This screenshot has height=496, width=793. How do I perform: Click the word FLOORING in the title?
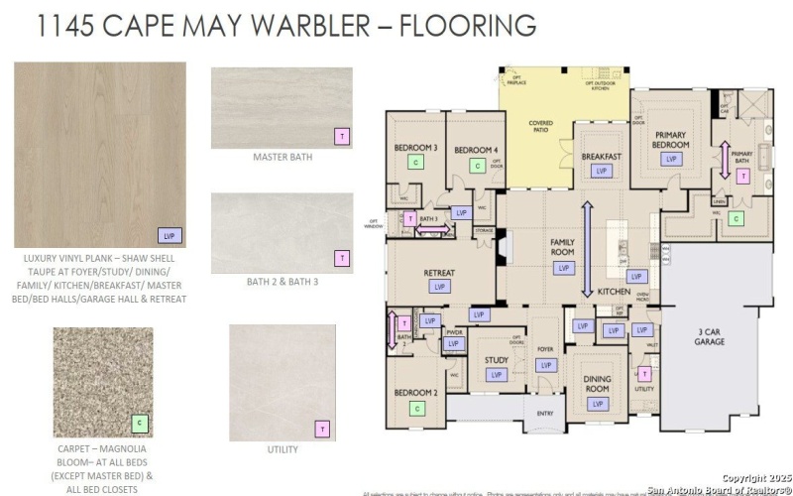click(x=467, y=26)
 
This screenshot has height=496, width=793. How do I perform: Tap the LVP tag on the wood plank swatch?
click(x=170, y=235)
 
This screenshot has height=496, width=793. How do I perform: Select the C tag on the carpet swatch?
click(x=140, y=425)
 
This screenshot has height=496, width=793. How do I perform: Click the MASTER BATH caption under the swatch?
click(x=282, y=157)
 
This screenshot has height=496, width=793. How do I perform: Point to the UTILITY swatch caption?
click(x=283, y=449)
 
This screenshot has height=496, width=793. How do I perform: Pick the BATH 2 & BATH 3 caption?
click(x=283, y=282)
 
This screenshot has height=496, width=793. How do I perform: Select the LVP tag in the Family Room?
click(x=564, y=268)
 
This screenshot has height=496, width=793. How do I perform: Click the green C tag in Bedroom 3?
click(x=416, y=161)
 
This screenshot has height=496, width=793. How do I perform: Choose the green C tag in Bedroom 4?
click(x=480, y=166)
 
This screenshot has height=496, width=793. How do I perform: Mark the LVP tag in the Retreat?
click(x=439, y=286)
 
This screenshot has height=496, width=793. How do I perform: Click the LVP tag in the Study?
click(x=495, y=374)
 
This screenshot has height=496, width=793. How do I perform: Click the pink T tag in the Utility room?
click(x=644, y=374)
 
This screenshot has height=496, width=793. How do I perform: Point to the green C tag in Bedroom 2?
click(x=417, y=408)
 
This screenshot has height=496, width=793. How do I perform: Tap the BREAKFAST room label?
click(x=601, y=157)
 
